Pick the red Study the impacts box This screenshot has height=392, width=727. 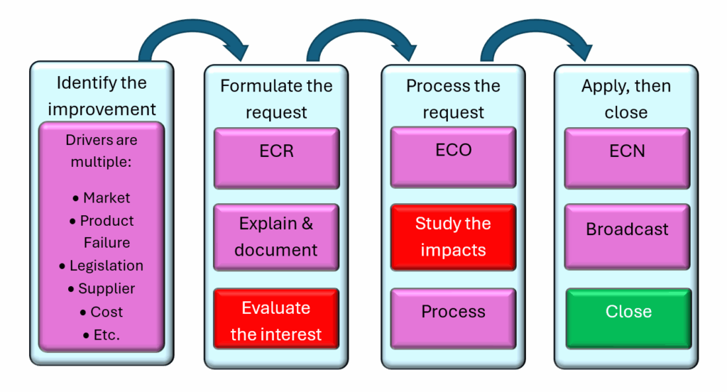coord(453,237)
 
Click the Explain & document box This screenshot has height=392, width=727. coord(276,237)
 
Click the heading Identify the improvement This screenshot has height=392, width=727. coord(102,96)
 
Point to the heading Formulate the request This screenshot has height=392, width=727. coord(276,99)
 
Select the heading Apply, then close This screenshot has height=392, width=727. coord(626,99)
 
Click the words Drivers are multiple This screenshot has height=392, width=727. coord(102,151)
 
